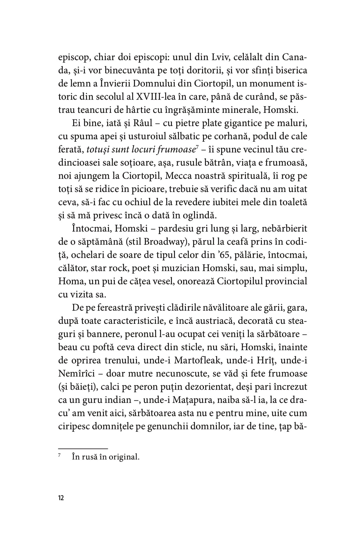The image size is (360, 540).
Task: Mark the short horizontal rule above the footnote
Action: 83,449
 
